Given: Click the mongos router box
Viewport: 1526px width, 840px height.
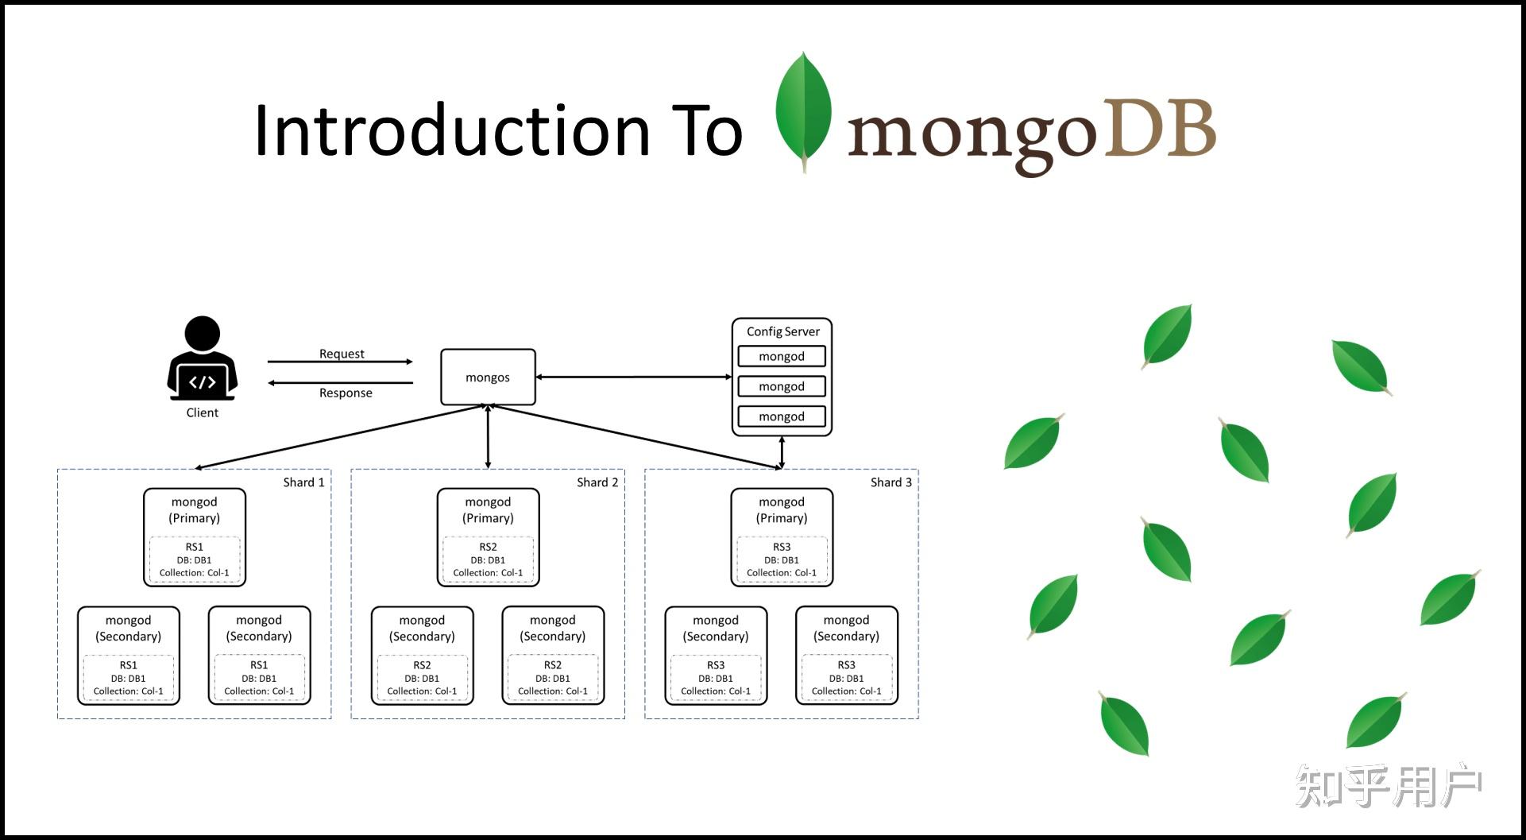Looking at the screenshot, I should pos(488,377).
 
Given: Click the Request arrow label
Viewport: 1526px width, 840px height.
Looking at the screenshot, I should pos(342,354).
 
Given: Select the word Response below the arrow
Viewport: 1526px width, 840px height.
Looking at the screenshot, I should pos(346,393).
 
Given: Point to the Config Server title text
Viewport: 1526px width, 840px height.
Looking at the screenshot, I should pos(782,331).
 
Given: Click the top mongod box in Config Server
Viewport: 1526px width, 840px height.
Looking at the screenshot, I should pos(782,356).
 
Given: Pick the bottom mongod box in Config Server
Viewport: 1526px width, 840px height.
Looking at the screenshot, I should pos(782,416).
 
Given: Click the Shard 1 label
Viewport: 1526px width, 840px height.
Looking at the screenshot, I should pos(303,482).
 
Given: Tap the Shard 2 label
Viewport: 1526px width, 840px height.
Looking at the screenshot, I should pos(597,482).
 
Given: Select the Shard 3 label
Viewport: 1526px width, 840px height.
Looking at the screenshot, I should pos(890,482).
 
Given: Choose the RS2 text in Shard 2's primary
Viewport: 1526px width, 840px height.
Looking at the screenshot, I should pos(488,547).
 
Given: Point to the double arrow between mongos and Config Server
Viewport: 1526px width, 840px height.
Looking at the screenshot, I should pos(634,377).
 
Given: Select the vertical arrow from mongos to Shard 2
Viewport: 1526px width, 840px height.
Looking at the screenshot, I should pos(488,436).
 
